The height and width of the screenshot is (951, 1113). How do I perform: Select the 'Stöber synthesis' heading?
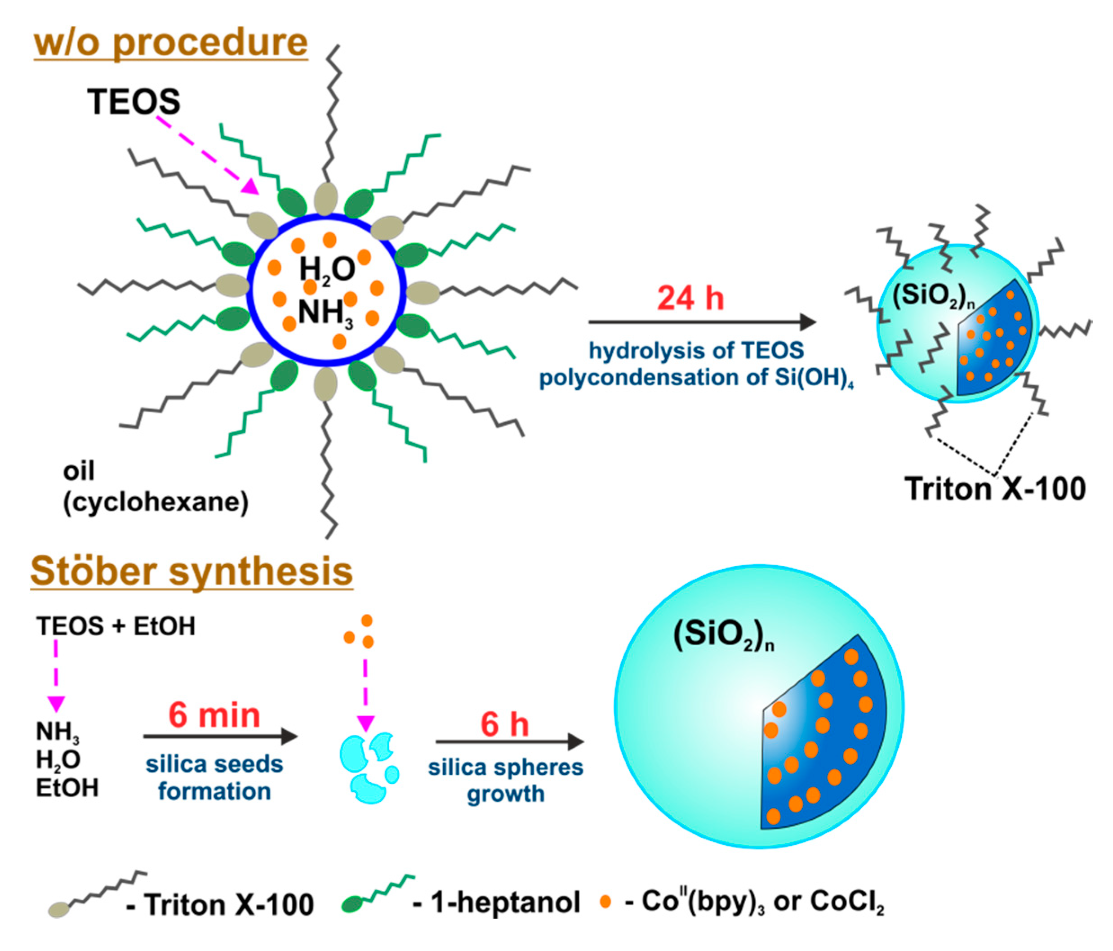click(x=192, y=571)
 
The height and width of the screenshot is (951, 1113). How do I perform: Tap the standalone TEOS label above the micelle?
click(x=134, y=102)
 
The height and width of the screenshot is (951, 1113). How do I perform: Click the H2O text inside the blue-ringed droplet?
click(x=327, y=268)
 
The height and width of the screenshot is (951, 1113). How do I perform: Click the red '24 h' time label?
click(x=690, y=298)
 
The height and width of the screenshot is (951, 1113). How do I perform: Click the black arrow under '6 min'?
click(x=220, y=736)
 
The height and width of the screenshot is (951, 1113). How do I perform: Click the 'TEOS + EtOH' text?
click(x=116, y=626)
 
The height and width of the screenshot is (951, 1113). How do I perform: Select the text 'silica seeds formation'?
click(x=214, y=777)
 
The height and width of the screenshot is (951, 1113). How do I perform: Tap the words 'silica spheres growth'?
click(x=505, y=780)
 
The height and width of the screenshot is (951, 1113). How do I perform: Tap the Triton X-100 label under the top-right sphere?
click(x=995, y=488)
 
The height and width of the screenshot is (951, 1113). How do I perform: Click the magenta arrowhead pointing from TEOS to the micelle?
click(x=250, y=187)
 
